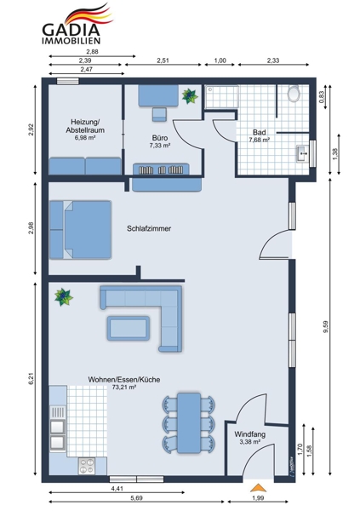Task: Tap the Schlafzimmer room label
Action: tap(149, 228)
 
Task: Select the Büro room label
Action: tap(160, 138)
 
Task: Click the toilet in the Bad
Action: tap(294, 94)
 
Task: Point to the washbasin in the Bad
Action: tap(303, 153)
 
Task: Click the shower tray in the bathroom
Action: tap(221, 97)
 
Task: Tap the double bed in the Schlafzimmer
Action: tap(81, 230)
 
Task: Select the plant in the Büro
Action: tap(190, 95)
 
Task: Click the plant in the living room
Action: tap(63, 297)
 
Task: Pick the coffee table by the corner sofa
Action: tap(129, 328)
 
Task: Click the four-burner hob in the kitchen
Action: tap(87, 466)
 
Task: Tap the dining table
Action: tap(189, 422)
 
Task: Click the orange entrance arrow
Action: tap(258, 487)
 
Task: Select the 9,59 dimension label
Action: tap(326, 327)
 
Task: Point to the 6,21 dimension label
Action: tap(31, 379)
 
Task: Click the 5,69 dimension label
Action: tap(136, 498)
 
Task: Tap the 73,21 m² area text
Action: tap(123, 388)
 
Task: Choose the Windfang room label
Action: tap(250, 434)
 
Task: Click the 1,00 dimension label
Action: tap(220, 60)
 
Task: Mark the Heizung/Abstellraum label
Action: tap(85, 126)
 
